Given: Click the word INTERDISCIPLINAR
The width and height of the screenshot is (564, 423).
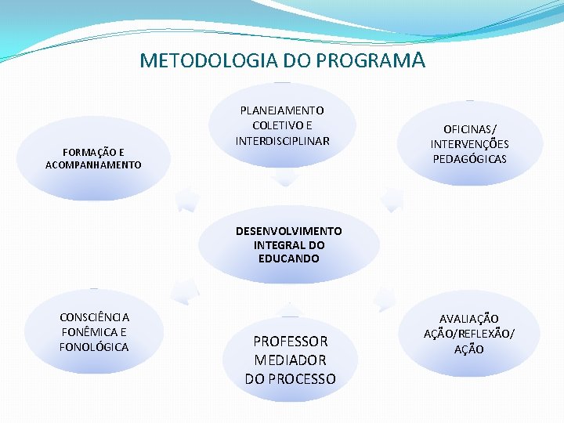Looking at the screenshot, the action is coord(282,140).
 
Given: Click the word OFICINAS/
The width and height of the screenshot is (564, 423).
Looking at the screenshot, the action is coord(469,129).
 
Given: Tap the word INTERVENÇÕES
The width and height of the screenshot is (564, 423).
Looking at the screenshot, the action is coord(469,144).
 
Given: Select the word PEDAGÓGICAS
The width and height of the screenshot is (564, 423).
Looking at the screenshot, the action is coord(469,159).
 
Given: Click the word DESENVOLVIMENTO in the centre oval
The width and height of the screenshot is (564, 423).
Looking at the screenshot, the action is coord(289,231).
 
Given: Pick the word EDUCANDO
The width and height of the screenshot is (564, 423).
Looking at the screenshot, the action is coord(289,258).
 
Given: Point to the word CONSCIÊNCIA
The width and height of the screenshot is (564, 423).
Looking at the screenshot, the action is coord(94,317).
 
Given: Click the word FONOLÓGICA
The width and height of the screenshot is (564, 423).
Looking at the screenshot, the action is coord(94,346).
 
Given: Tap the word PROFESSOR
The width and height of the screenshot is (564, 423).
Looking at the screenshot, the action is coord(290,342).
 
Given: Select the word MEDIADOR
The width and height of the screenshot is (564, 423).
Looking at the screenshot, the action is coord(290,360).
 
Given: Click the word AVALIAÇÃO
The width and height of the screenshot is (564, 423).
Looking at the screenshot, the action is coord(469,319).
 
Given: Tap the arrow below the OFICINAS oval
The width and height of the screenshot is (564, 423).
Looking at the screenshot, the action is coord(391,199).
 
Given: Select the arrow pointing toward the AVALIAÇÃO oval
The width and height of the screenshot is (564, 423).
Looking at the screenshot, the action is coord(384,298).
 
